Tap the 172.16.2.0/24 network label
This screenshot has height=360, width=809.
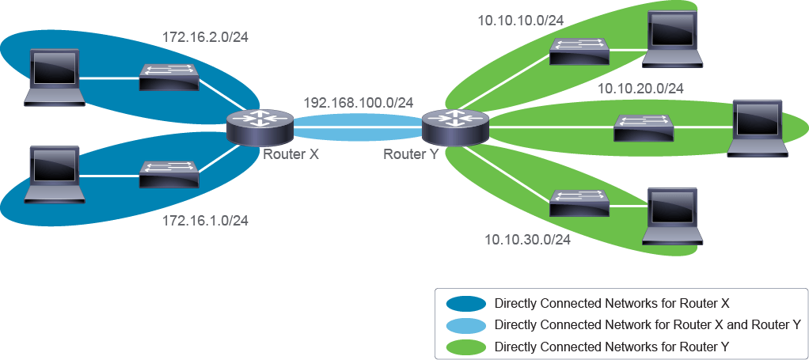click(205, 38)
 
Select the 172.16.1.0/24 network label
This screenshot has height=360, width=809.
click(205, 222)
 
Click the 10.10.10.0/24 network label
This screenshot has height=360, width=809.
click(521, 21)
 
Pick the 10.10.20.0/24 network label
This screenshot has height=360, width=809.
click(641, 89)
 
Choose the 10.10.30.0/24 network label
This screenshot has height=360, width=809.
click(528, 240)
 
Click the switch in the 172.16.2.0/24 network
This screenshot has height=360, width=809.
click(169, 78)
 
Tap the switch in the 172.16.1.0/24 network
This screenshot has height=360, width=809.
click(169, 174)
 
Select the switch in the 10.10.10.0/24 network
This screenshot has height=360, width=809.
click(579, 51)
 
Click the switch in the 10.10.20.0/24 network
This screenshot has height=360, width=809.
click(644, 128)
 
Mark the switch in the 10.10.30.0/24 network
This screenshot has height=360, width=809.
click(579, 203)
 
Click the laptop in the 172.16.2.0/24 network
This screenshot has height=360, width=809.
click(54, 78)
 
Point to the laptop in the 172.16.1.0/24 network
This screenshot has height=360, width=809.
click(54, 174)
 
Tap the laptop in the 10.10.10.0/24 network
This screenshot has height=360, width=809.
click(673, 39)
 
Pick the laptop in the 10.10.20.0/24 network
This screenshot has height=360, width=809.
click(758, 128)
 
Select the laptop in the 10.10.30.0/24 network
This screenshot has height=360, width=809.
click(673, 215)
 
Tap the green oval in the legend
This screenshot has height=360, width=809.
click(466, 346)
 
